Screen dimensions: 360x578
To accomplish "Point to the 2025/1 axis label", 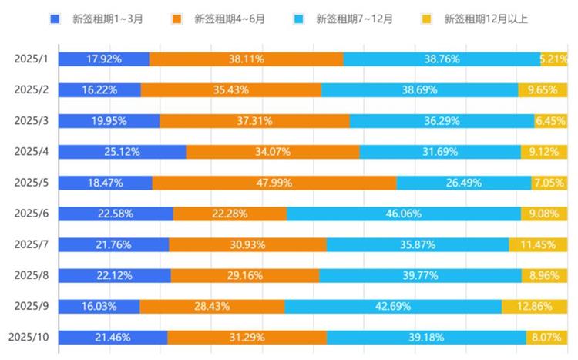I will pos(31,59).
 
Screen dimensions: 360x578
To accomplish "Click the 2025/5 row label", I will pos(31,183).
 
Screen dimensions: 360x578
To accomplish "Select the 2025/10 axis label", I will pos(29,337).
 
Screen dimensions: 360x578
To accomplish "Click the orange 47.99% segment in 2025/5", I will pos(274,183).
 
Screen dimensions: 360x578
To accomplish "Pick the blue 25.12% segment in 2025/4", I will pos(122,152).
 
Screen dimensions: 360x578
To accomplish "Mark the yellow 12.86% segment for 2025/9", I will pos(535,306).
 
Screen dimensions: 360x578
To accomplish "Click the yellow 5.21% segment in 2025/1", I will pos(554,59).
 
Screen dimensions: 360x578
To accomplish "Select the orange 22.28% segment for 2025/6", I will pos(230,214).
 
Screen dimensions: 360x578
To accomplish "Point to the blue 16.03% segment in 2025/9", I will pos(99,306).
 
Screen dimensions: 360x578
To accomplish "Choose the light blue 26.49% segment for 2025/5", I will pos(463,183).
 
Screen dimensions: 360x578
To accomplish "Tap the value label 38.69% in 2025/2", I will pos(419,90).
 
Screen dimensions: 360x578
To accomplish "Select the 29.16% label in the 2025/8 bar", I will pos(244,275).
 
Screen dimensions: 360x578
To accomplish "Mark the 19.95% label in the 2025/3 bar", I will pos(109,121).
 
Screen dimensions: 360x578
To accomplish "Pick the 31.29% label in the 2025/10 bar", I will pos(247,337).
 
